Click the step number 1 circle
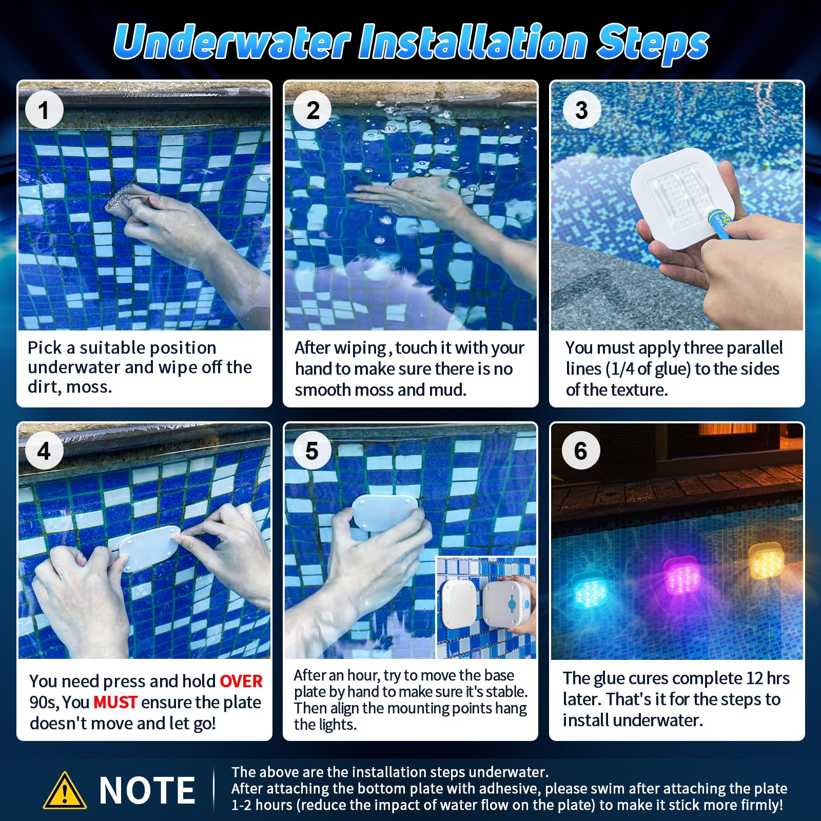click(x=44, y=110)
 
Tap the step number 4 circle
click(x=44, y=451)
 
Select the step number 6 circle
click(x=580, y=451)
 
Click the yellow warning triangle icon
click(x=64, y=791)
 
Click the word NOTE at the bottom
click(x=147, y=791)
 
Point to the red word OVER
click(x=241, y=681)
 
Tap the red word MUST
click(x=115, y=702)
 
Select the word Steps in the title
click(x=653, y=43)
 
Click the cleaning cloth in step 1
click(x=128, y=202)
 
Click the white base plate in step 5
click(x=385, y=512)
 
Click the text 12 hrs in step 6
click(x=767, y=678)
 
